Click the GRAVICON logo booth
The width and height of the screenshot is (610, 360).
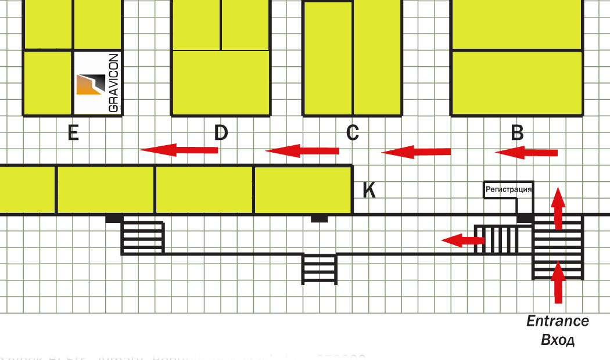(98, 82)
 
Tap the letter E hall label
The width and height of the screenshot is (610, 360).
(73, 134)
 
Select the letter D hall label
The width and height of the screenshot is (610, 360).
(221, 134)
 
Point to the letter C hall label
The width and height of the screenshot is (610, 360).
(352, 134)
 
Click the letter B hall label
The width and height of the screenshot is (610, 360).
(517, 134)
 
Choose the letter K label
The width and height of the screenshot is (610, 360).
(369, 190)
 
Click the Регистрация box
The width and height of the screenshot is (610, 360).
(508, 189)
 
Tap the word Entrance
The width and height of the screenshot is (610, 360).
(558, 321)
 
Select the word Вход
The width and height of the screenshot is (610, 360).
(558, 340)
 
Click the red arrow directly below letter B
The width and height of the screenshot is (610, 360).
(526, 153)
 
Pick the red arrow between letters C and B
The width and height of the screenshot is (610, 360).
(415, 153)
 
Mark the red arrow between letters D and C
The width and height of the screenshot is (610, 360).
(302, 151)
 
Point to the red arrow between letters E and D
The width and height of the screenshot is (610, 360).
(178, 150)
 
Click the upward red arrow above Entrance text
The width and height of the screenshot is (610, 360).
(558, 282)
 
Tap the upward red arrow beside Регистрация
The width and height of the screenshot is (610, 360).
(558, 208)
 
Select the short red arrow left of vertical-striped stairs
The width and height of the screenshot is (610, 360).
(462, 239)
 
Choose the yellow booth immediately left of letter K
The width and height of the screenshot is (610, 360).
(303, 190)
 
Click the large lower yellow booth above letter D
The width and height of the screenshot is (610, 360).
(221, 82)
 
